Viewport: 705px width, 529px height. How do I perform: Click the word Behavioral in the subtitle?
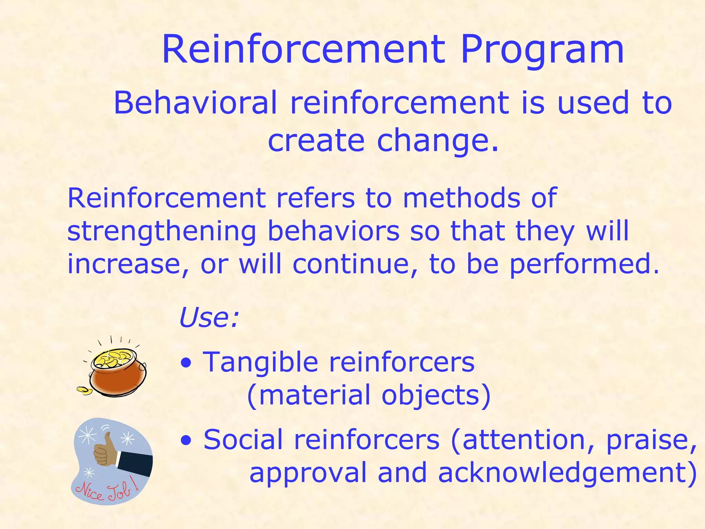pyautogui.click(x=195, y=102)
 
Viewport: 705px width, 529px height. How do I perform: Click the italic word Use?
pyautogui.click(x=209, y=318)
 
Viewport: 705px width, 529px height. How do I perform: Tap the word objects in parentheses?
pyautogui.click(x=435, y=395)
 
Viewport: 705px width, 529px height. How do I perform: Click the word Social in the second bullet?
pyautogui.click(x=243, y=440)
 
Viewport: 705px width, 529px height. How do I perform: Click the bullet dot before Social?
pyautogui.click(x=186, y=440)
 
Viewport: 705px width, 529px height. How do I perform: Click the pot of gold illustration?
pyautogui.click(x=117, y=374)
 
